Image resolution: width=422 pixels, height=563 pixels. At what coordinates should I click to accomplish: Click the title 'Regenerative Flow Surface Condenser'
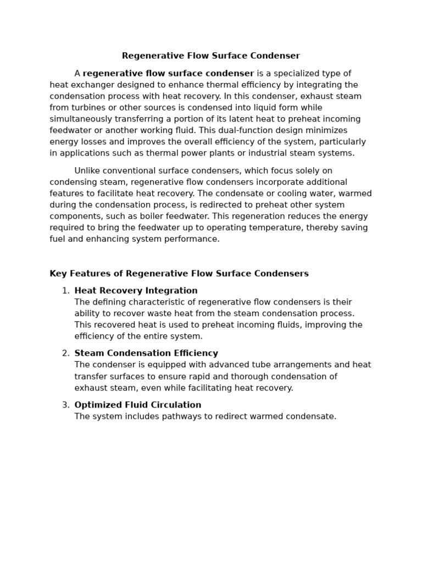pyautogui.click(x=211, y=56)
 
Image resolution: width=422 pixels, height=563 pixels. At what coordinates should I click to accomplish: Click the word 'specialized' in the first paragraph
pyautogui.click(x=301, y=74)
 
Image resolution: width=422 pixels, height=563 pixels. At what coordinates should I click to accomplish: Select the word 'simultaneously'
pyautogui.click(x=81, y=119)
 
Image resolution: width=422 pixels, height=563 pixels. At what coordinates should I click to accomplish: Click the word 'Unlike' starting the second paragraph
pyautogui.click(x=87, y=171)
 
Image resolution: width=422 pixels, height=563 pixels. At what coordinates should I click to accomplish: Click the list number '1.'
pyautogui.click(x=66, y=291)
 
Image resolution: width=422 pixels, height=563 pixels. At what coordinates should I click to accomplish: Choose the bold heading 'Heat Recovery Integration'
pyautogui.click(x=136, y=291)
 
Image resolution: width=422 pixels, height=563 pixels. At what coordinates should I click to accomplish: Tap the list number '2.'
pyautogui.click(x=66, y=354)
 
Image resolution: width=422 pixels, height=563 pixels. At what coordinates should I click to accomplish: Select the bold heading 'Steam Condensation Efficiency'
pyautogui.click(x=146, y=354)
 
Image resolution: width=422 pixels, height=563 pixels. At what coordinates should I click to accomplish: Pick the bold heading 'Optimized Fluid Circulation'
pyautogui.click(x=138, y=405)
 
